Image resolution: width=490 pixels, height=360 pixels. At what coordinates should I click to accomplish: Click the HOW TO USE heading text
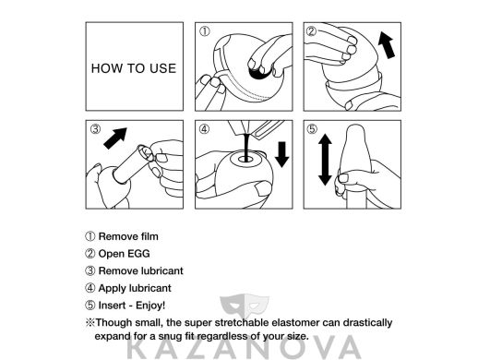134,68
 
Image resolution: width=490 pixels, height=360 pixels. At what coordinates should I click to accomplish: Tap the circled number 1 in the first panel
204,31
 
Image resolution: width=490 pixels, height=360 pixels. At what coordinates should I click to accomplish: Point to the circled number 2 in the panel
312,31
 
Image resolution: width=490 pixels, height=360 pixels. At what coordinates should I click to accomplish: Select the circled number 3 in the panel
95,128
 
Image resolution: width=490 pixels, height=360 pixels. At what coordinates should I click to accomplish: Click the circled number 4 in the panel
204,128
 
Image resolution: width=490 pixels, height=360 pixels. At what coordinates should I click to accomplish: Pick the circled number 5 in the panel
312,128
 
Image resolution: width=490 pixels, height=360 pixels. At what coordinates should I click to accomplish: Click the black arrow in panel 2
387,46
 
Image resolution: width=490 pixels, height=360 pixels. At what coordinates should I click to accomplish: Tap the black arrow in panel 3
115,138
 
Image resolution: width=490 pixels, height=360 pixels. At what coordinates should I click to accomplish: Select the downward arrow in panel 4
281,154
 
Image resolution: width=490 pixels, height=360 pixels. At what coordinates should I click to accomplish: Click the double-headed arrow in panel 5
325,160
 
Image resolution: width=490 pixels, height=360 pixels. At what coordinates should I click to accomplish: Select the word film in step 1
149,236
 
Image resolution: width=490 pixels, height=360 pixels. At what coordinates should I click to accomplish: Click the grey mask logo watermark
245,305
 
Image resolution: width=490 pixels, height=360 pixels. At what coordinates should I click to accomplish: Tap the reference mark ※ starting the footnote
90,322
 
